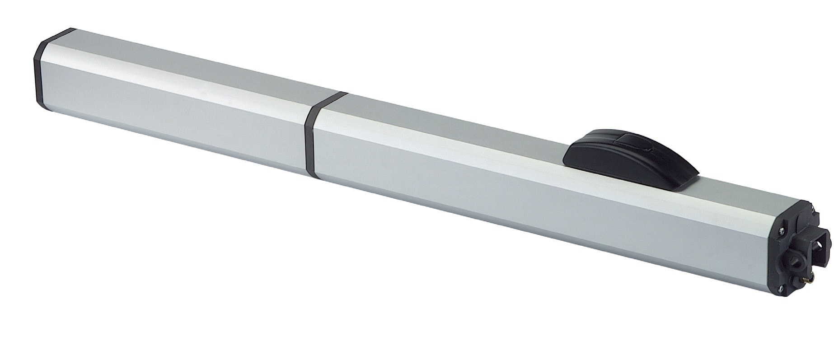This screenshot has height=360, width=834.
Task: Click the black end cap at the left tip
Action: [x=41, y=72]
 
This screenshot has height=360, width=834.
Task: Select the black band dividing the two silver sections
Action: [x=311, y=136]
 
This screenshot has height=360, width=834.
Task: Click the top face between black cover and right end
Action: [x=745, y=190]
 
